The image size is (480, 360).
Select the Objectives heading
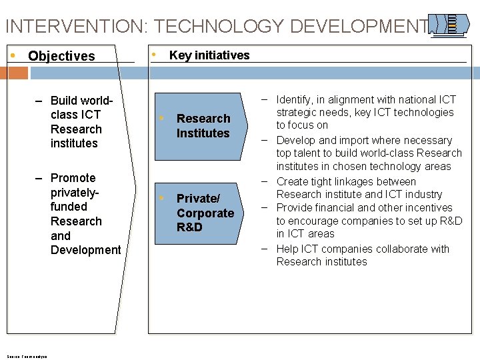pyautogui.click(x=61, y=56)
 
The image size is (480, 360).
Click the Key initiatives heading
pyautogui.click(x=209, y=55)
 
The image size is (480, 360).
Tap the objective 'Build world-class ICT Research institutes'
pyautogui.click(x=76, y=122)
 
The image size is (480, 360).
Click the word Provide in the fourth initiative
pyautogui.click(x=294, y=208)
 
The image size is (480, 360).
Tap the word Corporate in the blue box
pyautogui.click(x=205, y=213)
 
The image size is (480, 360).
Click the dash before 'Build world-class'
pyautogui.click(x=39, y=101)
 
